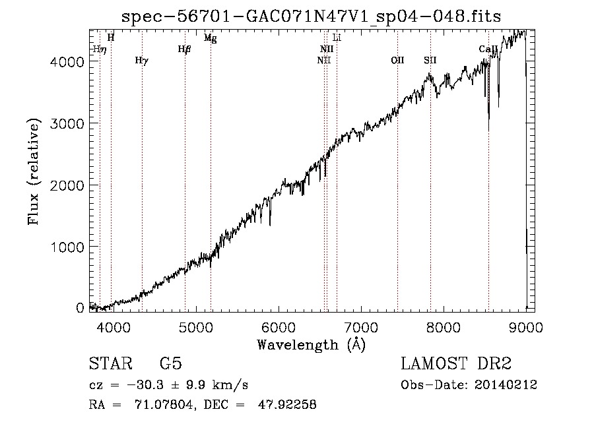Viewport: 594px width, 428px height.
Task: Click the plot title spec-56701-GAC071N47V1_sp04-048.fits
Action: coord(311,16)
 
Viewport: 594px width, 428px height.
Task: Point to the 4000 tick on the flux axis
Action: coord(67,62)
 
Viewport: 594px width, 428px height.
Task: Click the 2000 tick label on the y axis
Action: coord(67,185)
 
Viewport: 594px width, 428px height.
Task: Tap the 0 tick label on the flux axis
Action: coord(80,308)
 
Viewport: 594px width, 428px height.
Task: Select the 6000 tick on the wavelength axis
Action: coord(279,327)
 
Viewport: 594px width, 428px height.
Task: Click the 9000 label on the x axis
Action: coord(526,327)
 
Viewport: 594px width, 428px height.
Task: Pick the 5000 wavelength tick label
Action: coord(196,327)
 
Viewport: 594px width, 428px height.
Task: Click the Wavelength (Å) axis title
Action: coord(311,345)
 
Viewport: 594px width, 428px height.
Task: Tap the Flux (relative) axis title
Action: coord(34,171)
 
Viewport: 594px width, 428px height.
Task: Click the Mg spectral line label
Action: coord(211,38)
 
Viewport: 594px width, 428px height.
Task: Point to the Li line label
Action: coord(337,38)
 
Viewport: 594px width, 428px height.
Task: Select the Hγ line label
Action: coord(142,61)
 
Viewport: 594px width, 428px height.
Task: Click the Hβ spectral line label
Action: coord(185,49)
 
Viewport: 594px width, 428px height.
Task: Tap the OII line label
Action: coord(397,60)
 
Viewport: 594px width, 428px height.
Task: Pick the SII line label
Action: coord(430,60)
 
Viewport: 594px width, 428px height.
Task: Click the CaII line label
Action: coord(488,49)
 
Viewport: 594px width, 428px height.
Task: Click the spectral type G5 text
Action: coord(171,363)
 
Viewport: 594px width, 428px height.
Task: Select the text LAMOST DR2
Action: coord(456,363)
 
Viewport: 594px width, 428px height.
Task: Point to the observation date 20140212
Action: coord(506,385)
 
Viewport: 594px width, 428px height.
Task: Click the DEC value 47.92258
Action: coord(287,404)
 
